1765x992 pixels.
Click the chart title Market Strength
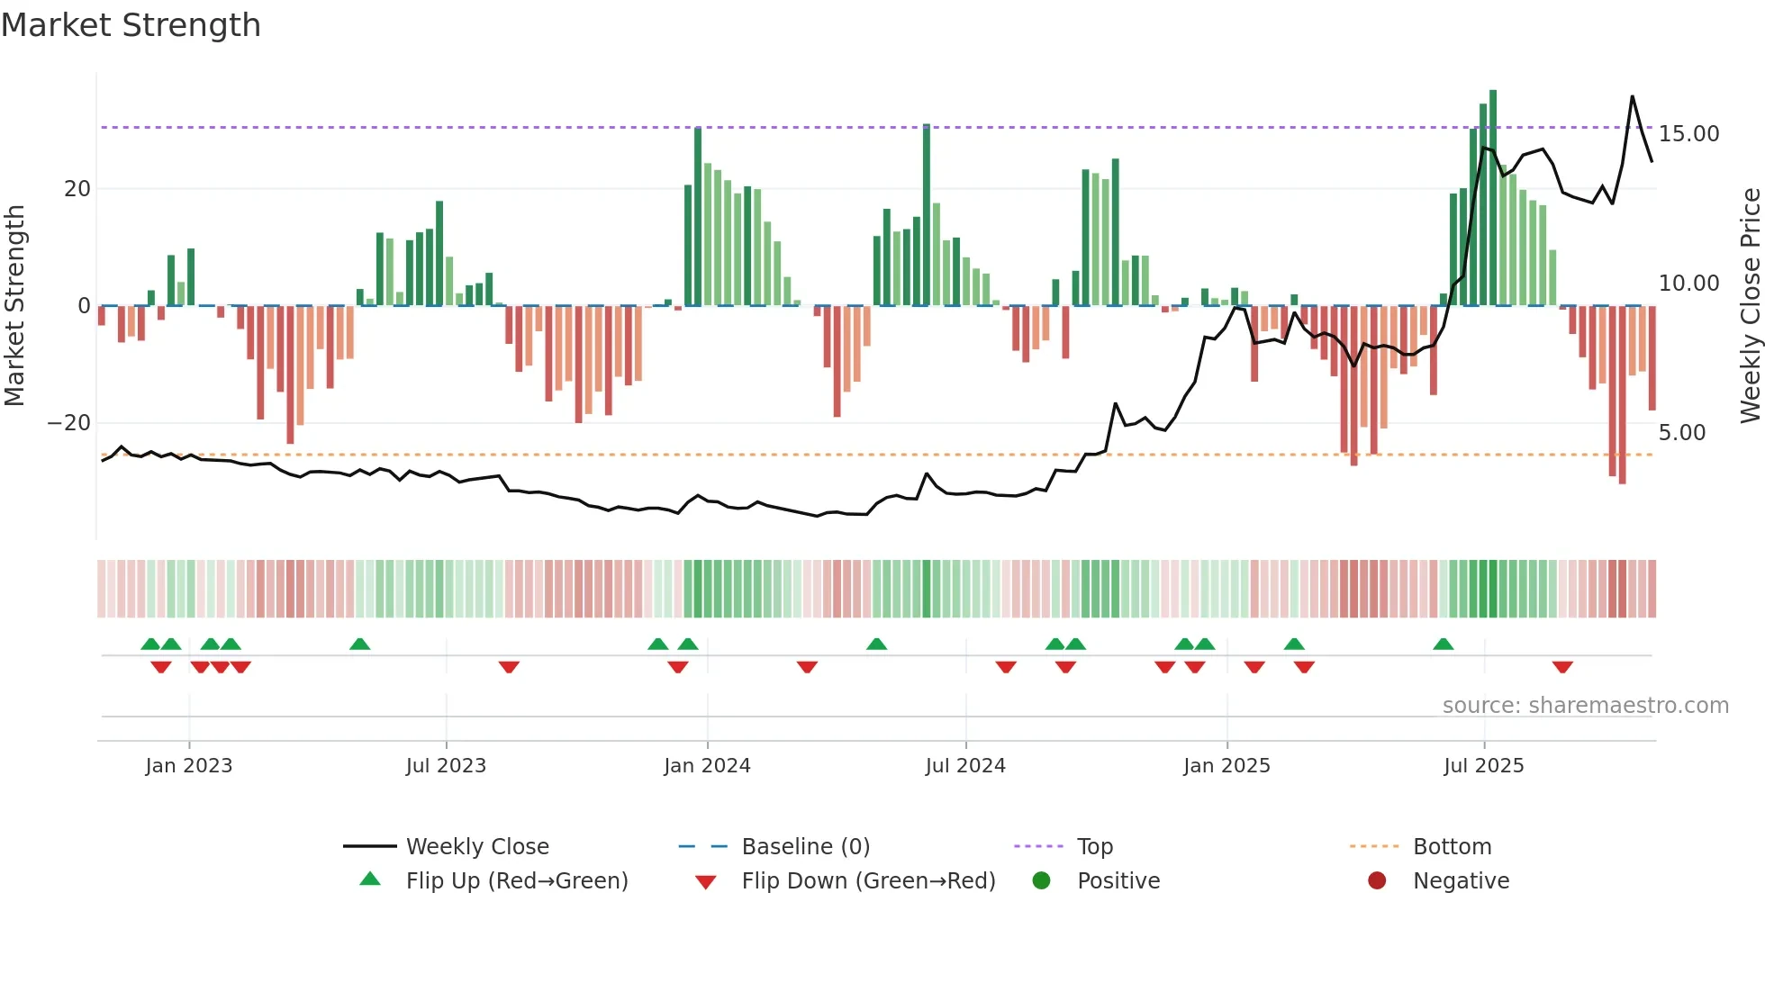(131, 25)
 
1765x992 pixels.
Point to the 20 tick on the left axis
(77, 189)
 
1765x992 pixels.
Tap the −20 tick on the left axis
(69, 423)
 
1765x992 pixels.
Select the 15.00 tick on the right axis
(1688, 134)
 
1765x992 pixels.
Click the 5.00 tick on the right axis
(1682, 433)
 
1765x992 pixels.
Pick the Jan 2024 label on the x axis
(707, 766)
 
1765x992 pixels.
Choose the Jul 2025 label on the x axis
(1483, 766)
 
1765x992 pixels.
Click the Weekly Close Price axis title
(1750, 306)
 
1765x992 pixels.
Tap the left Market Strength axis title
(14, 306)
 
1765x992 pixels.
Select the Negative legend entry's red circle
(1377, 881)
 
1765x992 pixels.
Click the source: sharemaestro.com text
(1585, 706)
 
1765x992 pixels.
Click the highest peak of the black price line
(1633, 96)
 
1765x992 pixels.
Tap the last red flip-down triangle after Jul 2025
(1562, 667)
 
